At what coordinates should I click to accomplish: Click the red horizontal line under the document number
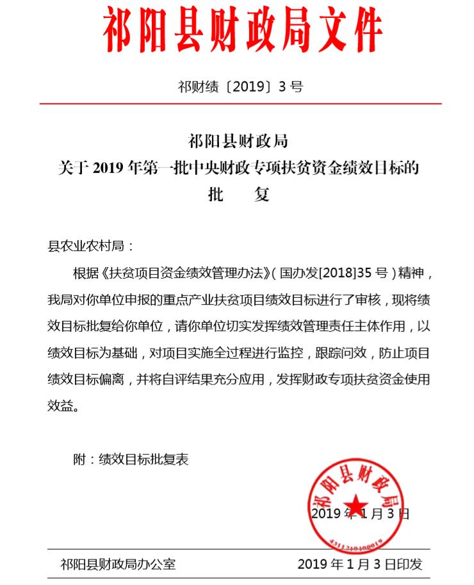point(240,103)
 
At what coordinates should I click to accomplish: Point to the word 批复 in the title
point(238,194)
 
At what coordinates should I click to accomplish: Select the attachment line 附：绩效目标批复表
point(131,459)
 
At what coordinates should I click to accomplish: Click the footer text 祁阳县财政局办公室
point(118,564)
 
